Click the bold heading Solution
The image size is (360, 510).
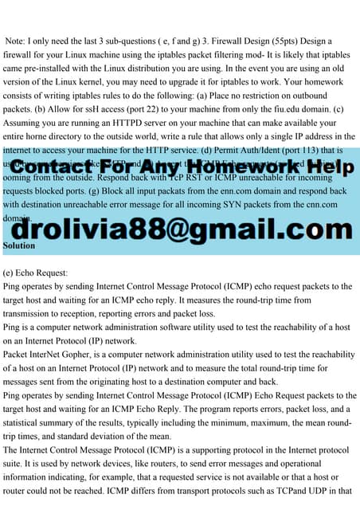[x=19, y=246]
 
